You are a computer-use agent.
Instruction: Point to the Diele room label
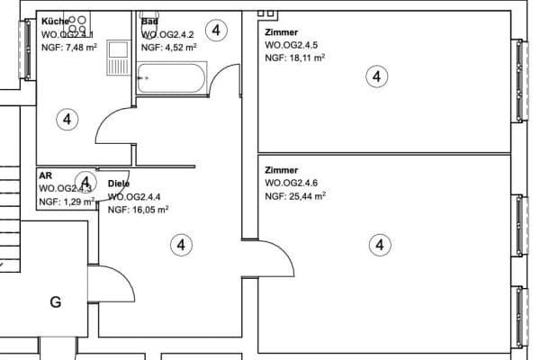coord(119,184)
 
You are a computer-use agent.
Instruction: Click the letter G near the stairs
coord(56,302)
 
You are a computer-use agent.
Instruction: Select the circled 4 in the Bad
coord(217,30)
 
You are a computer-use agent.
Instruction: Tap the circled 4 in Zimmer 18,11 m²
coord(376,77)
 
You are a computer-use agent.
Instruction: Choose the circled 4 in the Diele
coord(181,244)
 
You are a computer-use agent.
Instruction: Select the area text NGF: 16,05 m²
coord(138,209)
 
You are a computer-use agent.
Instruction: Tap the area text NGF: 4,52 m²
coord(170,46)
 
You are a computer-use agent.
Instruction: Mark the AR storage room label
coord(45,176)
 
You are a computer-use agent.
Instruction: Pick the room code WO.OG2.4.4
coord(135,196)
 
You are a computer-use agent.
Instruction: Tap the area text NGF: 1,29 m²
coord(66,202)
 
